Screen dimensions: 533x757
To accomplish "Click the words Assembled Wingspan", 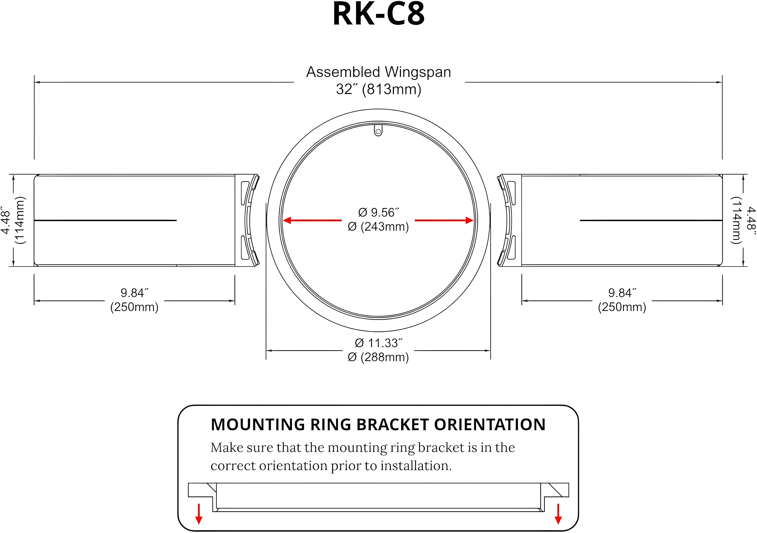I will tap(379, 72).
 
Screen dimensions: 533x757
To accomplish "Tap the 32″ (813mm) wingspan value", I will tap(379, 89).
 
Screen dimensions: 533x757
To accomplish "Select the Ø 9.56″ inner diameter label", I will tap(379, 213).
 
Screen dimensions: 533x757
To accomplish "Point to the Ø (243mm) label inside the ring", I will tap(379, 227).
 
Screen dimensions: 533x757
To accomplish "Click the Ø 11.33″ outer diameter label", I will tap(379, 343).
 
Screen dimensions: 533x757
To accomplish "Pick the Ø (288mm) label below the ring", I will tap(379, 357).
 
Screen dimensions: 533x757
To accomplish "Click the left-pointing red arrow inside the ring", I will tap(312, 220).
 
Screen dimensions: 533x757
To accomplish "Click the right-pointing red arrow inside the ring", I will tap(444, 220).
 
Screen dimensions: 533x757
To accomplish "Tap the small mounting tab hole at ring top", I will tap(378, 131).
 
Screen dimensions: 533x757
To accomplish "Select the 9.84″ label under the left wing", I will tap(134, 292).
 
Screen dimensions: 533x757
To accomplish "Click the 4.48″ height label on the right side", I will tap(751, 219).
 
